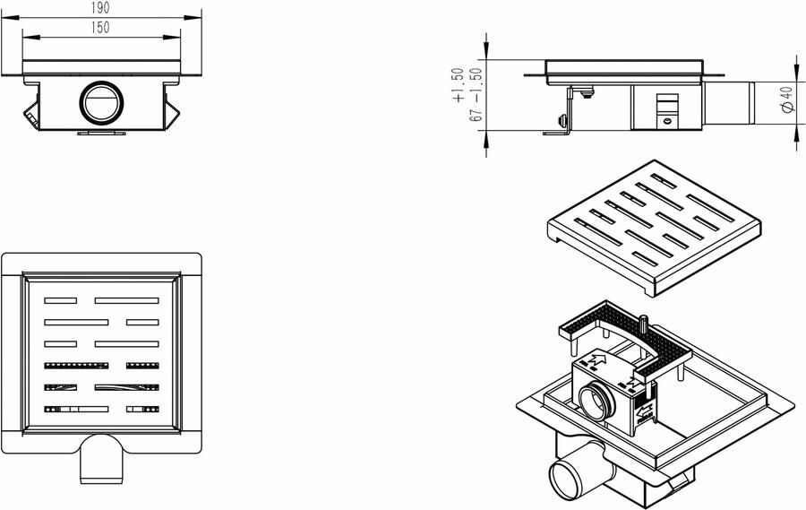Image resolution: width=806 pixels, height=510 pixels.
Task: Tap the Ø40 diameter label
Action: pyautogui.click(x=785, y=99)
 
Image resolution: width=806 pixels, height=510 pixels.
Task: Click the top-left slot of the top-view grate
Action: pyautogui.click(x=62, y=300)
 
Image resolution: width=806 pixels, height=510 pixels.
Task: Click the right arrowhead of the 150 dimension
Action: pyautogui.click(x=175, y=37)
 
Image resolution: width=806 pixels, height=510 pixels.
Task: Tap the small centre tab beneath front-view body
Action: pyautogui.click(x=99, y=134)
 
